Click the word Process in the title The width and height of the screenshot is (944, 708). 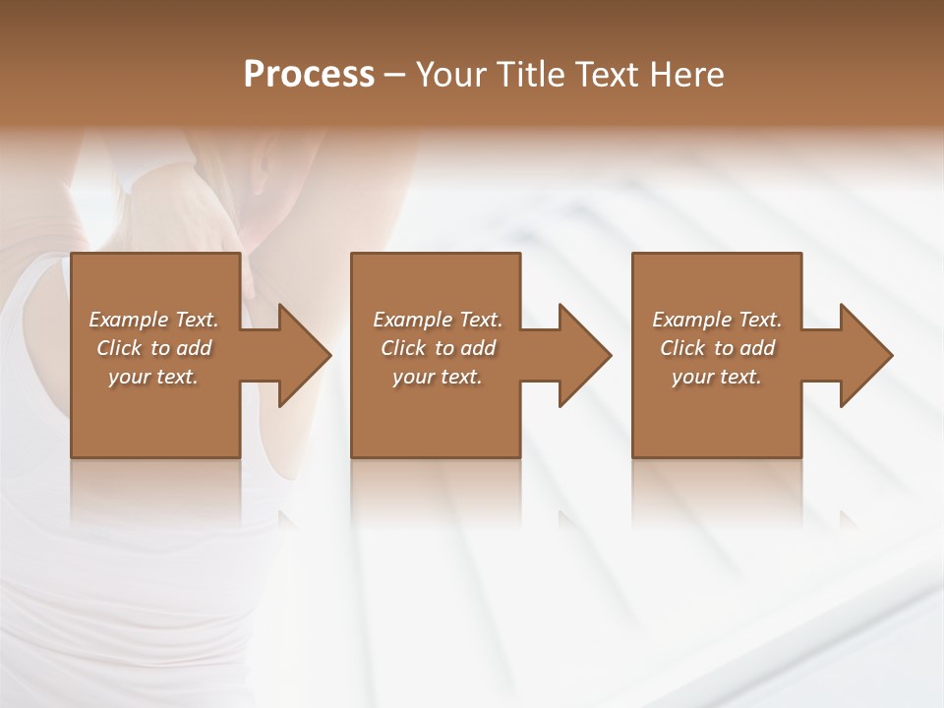pos(309,75)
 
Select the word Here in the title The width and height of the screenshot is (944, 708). pos(686,75)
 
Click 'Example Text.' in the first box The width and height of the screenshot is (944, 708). pos(153,320)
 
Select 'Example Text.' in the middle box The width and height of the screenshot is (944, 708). pos(438,320)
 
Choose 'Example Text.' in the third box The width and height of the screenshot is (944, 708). pos(717,320)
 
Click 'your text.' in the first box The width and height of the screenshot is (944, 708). pos(153,377)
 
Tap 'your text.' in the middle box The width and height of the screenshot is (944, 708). pos(438,377)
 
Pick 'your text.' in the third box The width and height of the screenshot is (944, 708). pos(717,377)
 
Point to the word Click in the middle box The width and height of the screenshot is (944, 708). pos(403,348)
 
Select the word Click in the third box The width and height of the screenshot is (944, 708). pos(682,348)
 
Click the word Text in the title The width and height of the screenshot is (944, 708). pos(608,75)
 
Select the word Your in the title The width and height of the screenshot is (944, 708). pos(451,75)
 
